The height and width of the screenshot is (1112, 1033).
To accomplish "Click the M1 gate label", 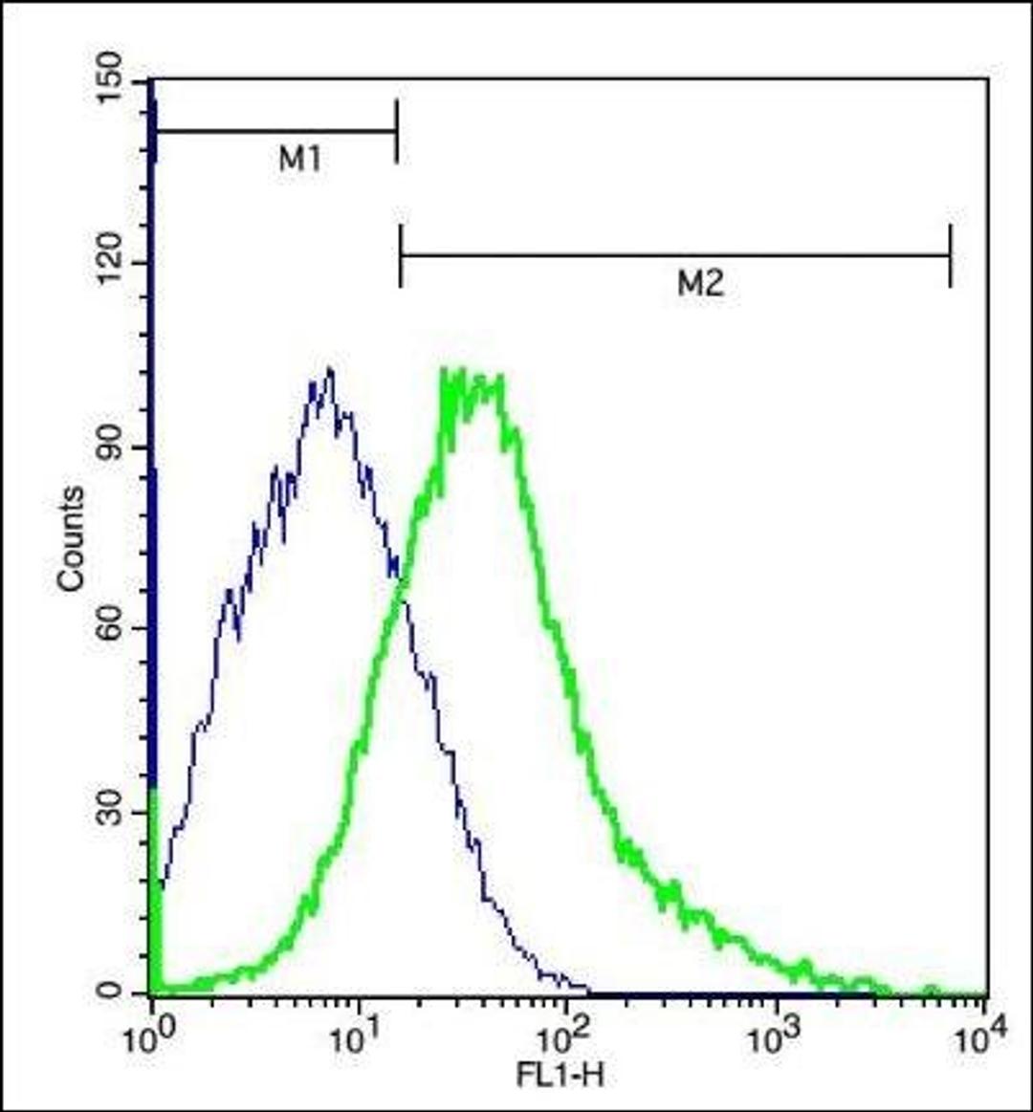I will tap(300, 161).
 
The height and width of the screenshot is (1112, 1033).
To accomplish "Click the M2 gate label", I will tap(701, 284).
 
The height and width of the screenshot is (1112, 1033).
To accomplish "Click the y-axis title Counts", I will tap(71, 538).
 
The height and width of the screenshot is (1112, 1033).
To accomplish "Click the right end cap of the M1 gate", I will tap(396, 131).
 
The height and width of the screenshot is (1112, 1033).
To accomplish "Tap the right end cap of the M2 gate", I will tap(950, 255).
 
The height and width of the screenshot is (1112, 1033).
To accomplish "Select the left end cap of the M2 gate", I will tap(401, 255).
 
